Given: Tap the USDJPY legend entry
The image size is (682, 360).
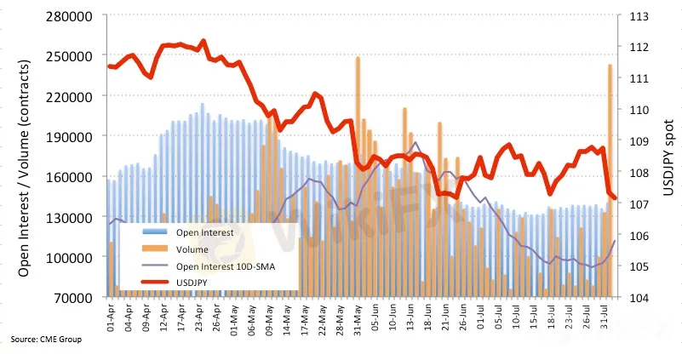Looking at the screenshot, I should [193, 283].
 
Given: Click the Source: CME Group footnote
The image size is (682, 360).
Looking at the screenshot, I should [46, 340].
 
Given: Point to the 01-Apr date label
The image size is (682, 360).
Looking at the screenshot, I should [112, 320].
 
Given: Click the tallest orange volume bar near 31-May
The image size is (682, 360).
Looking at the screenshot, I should [358, 170].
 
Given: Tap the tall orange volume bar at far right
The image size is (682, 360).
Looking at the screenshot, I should [610, 170].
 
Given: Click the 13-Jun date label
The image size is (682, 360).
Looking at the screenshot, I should [410, 320].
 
